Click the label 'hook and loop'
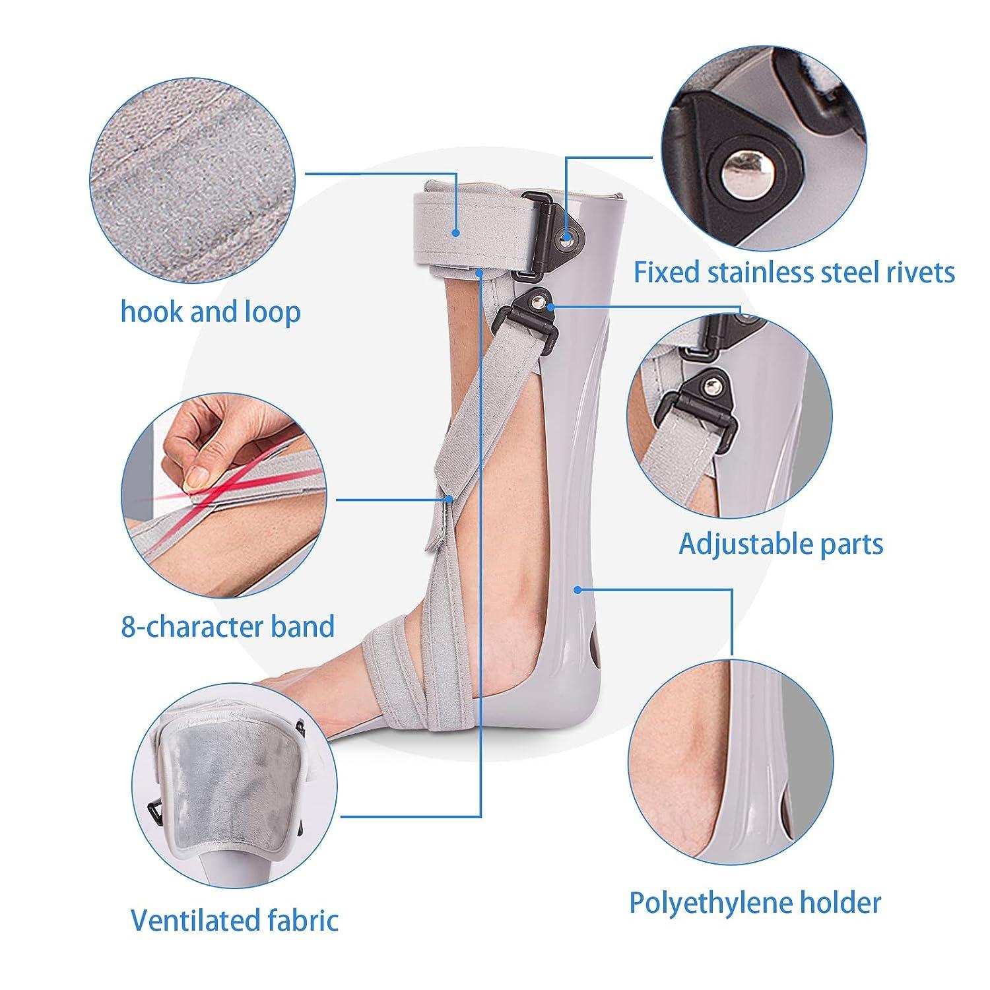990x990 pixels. pyautogui.click(x=210, y=312)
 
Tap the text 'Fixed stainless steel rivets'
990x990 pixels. pyautogui.click(x=794, y=272)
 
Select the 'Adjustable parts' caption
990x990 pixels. pyautogui.click(x=781, y=544)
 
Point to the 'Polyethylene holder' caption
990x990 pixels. pyautogui.click(x=754, y=902)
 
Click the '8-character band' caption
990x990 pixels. pyautogui.click(x=228, y=626)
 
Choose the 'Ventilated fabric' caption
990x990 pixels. pyautogui.click(x=234, y=919)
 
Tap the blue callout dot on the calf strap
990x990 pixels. pyautogui.click(x=455, y=232)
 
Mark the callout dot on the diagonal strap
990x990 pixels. pyautogui.click(x=449, y=500)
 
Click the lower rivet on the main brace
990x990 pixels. pyautogui.click(x=540, y=303)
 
